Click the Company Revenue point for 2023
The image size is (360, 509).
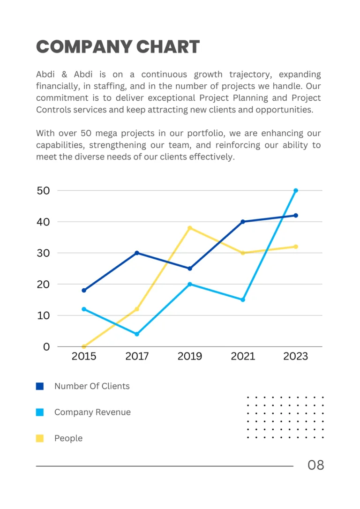(x=296, y=191)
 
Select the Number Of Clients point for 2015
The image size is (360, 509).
(x=84, y=291)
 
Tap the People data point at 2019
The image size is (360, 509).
(x=190, y=228)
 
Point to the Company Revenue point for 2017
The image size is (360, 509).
(x=137, y=334)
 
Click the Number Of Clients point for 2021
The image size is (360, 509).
(x=243, y=222)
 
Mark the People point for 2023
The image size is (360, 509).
(x=296, y=247)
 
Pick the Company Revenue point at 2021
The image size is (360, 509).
(x=243, y=300)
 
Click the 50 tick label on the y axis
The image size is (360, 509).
(x=43, y=191)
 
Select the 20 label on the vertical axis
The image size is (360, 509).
(x=43, y=284)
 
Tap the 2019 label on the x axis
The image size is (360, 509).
(x=190, y=357)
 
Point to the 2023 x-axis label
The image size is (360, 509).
(x=296, y=357)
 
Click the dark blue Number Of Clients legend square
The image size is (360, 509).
(x=40, y=387)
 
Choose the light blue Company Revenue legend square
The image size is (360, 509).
(x=40, y=412)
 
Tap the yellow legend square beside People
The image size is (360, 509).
(x=40, y=439)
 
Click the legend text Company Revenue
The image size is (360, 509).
(x=92, y=412)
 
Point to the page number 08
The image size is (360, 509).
(x=315, y=465)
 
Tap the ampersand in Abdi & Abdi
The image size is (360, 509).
(x=64, y=75)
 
